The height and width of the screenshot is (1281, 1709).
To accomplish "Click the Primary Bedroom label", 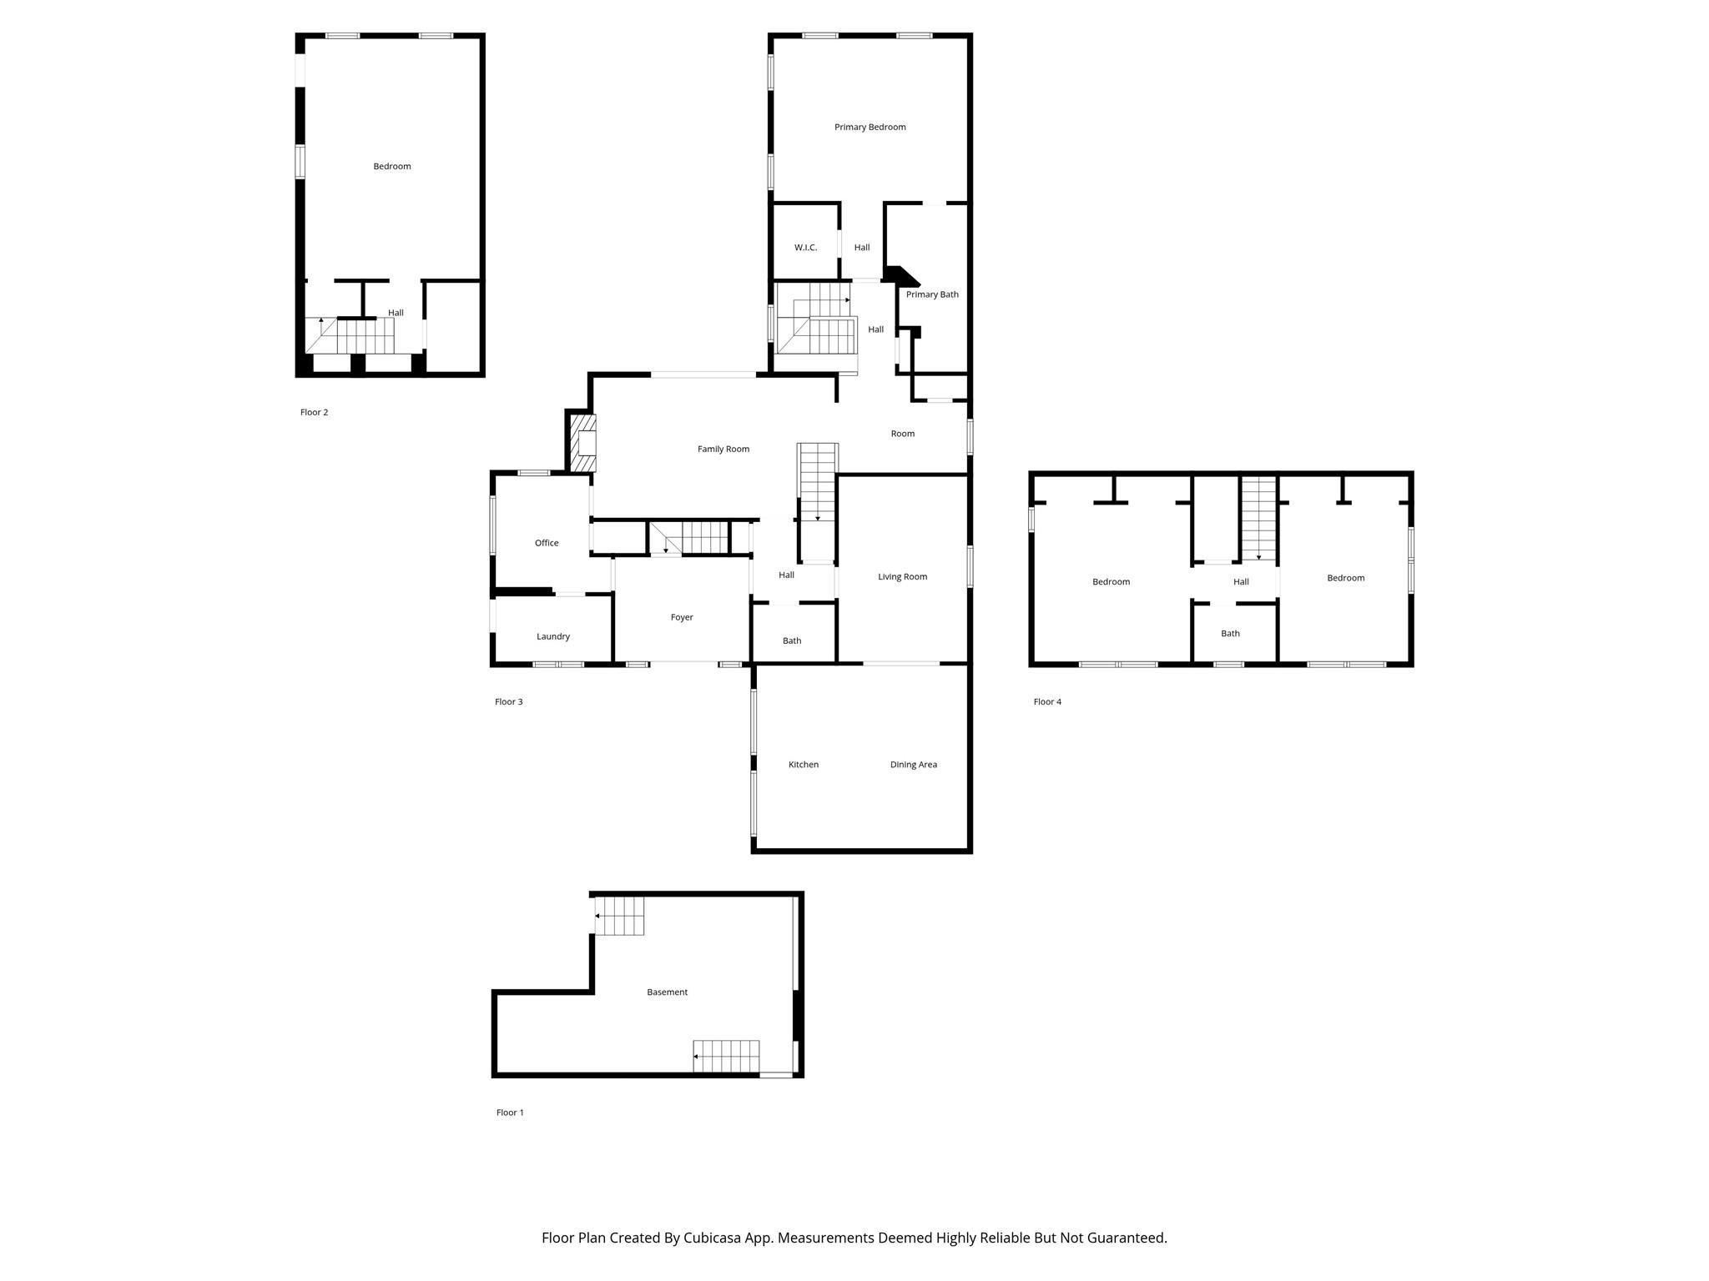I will click(x=870, y=127).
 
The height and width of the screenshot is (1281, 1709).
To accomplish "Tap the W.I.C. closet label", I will click(x=805, y=248).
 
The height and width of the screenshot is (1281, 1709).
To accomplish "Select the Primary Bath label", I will click(x=932, y=294).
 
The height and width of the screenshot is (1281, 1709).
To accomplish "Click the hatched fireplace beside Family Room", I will click(x=583, y=443).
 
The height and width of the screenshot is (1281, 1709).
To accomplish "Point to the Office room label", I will click(x=547, y=543).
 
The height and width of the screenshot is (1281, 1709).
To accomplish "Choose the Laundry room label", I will click(x=552, y=636).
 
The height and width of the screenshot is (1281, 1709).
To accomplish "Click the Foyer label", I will click(x=682, y=617).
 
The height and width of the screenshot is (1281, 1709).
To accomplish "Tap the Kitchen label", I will click(x=804, y=765).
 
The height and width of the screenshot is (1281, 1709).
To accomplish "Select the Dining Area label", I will click(x=913, y=765).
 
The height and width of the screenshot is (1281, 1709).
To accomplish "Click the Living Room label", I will click(x=902, y=576).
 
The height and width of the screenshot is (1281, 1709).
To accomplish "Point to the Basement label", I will click(x=667, y=992).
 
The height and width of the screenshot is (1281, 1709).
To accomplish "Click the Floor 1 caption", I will click(x=510, y=1113).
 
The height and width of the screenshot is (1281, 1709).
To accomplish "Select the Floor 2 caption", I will click(x=314, y=412).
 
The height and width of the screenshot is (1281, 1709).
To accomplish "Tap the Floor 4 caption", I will click(x=1047, y=701).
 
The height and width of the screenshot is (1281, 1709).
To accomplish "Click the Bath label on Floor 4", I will click(x=1230, y=633).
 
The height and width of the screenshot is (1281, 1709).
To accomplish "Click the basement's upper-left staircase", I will click(x=620, y=916).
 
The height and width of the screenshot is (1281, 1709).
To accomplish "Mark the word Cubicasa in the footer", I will click(x=713, y=1238).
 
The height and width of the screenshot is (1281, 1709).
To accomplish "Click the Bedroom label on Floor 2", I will click(x=391, y=166).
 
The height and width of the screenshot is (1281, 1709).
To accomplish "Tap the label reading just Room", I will click(x=902, y=434).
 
